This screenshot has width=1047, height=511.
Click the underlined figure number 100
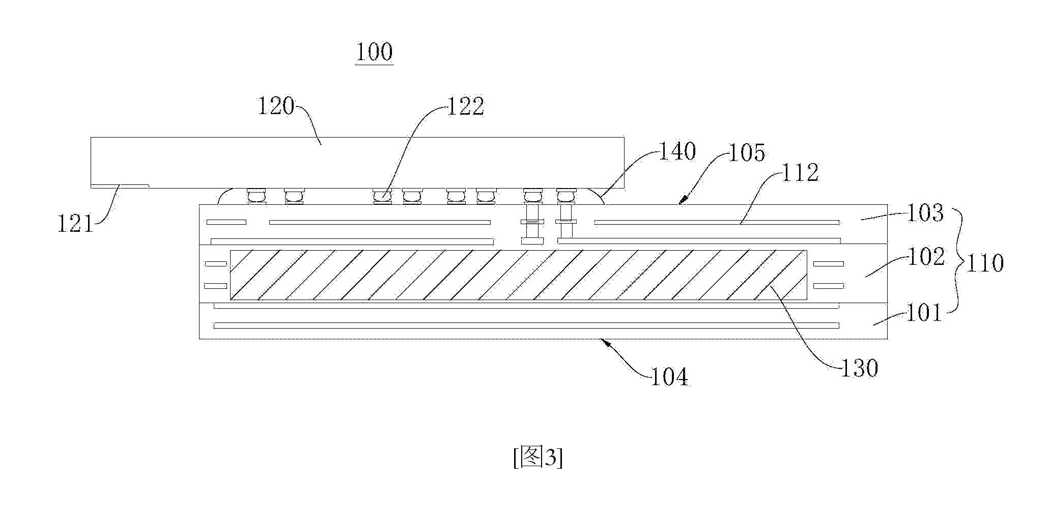(374, 53)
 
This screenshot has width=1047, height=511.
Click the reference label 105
(747, 152)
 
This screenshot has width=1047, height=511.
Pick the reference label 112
(800, 173)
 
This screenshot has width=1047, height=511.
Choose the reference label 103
(925, 213)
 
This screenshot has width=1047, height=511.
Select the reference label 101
(925, 313)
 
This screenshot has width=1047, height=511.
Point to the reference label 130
(859, 368)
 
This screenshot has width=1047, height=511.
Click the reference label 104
(670, 378)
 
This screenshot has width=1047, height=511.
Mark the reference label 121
(76, 224)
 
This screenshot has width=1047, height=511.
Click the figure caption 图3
(538, 459)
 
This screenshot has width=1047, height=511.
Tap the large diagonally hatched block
(519, 275)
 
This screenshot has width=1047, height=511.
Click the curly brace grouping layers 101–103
(957, 263)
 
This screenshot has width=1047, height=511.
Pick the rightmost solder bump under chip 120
(566, 196)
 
